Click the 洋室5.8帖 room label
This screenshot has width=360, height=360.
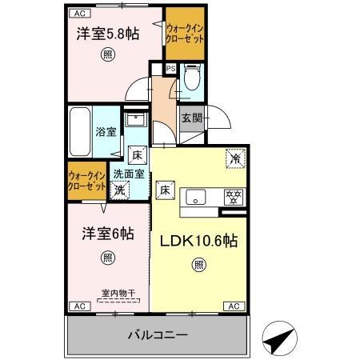tap(107, 34)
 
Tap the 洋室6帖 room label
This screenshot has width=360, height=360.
tap(107, 234)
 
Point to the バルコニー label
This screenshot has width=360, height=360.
tap(158, 334)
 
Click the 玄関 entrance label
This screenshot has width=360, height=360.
tap(190, 118)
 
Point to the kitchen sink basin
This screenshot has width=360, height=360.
tap(197, 196)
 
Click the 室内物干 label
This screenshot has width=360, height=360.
tap(118, 294)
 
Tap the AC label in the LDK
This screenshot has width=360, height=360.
tap(234, 306)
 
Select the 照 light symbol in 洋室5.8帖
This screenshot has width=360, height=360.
tap(106, 55)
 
